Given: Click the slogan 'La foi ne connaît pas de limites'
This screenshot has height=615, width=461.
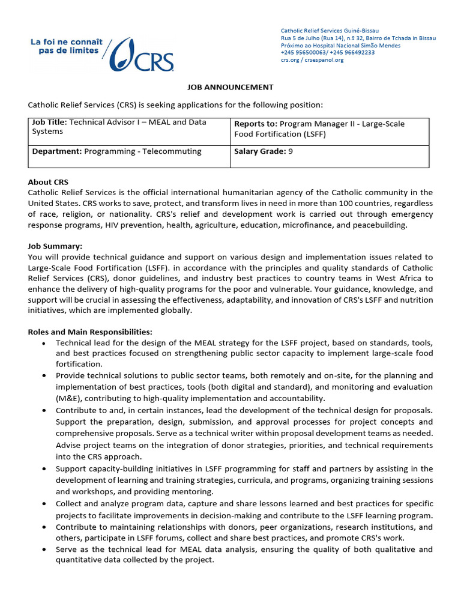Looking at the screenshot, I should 66,47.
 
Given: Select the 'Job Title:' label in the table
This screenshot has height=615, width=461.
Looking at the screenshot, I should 50,123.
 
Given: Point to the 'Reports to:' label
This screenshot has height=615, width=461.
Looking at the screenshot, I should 255,124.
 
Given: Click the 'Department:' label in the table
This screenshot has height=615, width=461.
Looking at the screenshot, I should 56,151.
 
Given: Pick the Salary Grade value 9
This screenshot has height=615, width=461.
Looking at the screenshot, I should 291,151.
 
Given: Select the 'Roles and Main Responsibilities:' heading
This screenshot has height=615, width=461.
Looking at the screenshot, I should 90,332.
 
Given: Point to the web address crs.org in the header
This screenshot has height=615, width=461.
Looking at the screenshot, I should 292,60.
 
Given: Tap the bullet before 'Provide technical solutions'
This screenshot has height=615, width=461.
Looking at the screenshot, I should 45,376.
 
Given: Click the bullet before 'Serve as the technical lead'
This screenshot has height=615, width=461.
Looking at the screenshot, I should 45,550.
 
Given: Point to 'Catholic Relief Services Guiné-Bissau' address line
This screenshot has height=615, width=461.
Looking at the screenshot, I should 330,31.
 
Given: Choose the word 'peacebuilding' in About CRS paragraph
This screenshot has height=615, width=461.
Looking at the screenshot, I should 380,225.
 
